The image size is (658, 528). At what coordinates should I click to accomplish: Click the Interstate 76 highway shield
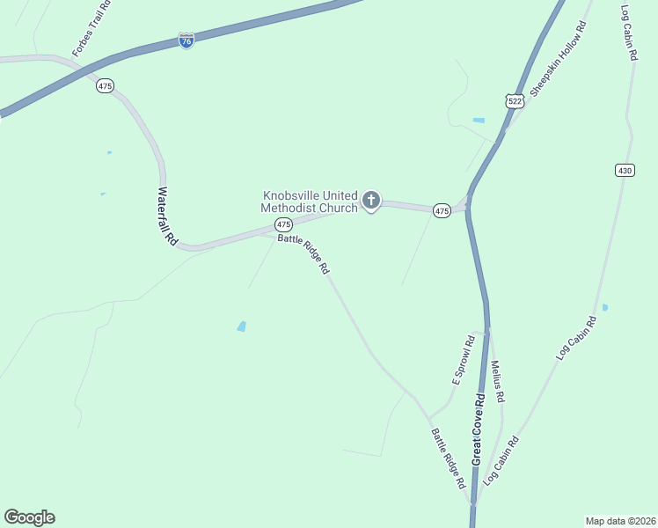[x=186, y=41]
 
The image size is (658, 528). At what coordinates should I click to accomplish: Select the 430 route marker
[x=625, y=170]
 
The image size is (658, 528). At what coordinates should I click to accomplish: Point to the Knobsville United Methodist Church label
[x=311, y=202]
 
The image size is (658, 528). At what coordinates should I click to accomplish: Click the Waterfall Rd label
[x=167, y=216]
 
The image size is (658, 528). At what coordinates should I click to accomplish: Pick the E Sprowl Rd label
[x=463, y=360]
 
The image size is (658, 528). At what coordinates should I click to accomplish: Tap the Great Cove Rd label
[x=479, y=429]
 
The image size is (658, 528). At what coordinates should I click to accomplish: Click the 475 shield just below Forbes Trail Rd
[x=106, y=86]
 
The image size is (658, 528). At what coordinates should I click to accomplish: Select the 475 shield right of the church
[x=442, y=210]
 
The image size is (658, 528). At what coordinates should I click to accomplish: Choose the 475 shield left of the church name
[x=283, y=225]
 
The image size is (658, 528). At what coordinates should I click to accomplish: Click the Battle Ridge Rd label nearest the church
[x=303, y=255]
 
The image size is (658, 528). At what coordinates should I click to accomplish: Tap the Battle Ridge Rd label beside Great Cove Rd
[x=448, y=458]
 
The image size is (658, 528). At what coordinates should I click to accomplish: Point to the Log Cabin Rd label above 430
[x=629, y=33]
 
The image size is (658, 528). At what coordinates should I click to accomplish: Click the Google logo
[x=29, y=517]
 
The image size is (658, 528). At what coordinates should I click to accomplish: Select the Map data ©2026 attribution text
[x=620, y=520]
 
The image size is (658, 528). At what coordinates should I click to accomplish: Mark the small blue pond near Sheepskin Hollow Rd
[x=479, y=120]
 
